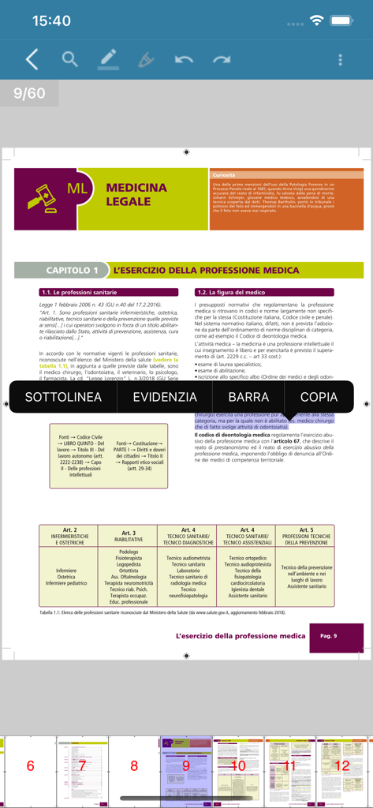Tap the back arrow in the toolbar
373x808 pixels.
click(32, 59)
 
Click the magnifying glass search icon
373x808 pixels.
click(70, 59)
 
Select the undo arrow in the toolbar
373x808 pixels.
click(184, 59)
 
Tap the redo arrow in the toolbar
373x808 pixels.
click(222, 59)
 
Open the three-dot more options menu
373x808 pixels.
click(340, 59)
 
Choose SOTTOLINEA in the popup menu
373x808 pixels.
click(63, 397)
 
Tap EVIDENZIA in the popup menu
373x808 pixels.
click(165, 397)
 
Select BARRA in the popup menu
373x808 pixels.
click(248, 397)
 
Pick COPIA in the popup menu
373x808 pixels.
click(319, 397)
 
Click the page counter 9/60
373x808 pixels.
click(29, 93)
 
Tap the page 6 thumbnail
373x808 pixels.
click(30, 765)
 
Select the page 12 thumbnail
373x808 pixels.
click(342, 765)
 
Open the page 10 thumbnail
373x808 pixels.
click(238, 765)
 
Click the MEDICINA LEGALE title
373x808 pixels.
click(136, 194)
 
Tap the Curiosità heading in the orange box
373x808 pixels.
click(224, 174)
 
